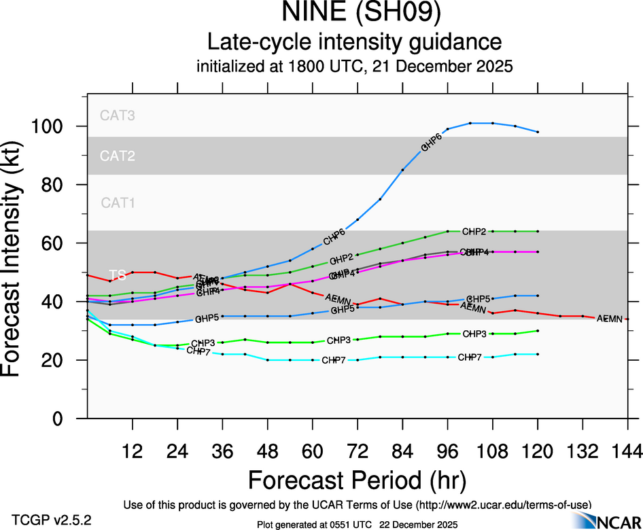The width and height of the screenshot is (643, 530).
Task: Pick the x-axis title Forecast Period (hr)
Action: [x=357, y=480]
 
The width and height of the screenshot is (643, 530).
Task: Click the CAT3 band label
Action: [x=118, y=116]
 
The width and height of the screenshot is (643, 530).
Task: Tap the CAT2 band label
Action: [x=118, y=156]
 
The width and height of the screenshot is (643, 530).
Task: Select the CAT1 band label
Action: [x=118, y=202]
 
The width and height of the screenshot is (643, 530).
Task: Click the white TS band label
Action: [x=118, y=275]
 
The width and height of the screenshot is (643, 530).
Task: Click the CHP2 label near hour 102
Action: [x=474, y=232]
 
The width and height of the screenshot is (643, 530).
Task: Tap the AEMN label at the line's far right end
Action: [x=609, y=318]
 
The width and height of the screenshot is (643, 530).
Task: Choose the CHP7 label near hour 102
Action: [x=470, y=357]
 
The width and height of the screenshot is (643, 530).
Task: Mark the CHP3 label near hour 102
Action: [x=474, y=334]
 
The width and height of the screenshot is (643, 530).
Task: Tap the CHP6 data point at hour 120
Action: [x=538, y=132]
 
